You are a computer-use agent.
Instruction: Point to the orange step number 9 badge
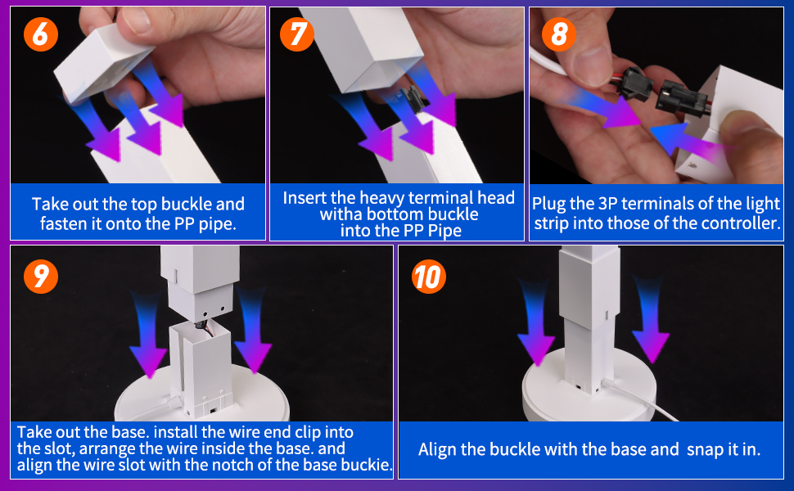(x=40, y=277)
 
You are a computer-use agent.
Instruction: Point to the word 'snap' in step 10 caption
(x=705, y=449)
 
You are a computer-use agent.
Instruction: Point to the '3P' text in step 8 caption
(x=602, y=203)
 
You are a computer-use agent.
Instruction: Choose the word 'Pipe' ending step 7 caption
(x=443, y=232)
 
